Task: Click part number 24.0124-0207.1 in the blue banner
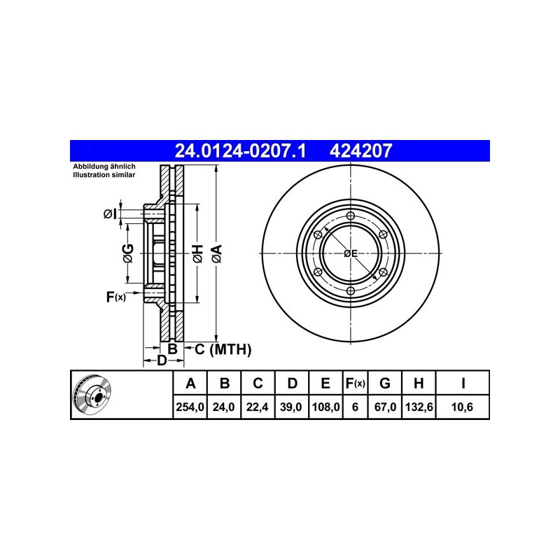coord(240,150)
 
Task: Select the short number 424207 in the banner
coord(360,150)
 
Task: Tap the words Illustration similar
coord(104,175)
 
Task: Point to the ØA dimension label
coord(216,253)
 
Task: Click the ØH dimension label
coord(197,253)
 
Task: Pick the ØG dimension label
coord(128,253)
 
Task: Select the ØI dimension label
coord(110,214)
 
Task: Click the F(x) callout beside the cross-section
coord(116,296)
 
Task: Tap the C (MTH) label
coord(223,349)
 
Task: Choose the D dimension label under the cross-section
coord(162,360)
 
